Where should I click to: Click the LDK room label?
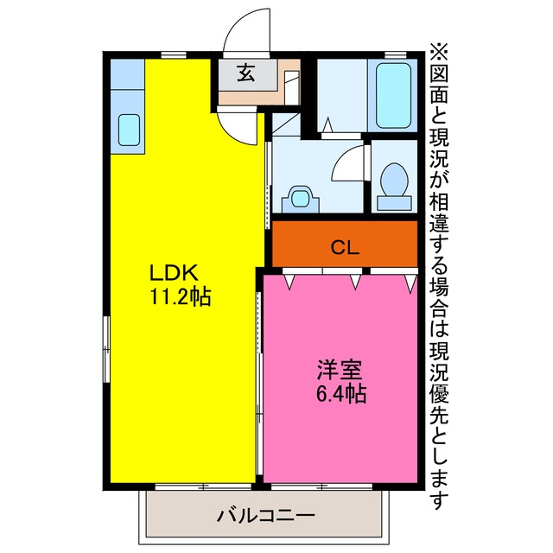[173, 273]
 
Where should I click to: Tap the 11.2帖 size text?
[181, 296]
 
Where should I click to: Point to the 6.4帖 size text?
[341, 394]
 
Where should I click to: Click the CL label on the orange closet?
[345, 248]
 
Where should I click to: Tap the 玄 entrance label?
[245, 73]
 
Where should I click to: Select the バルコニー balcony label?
[265, 516]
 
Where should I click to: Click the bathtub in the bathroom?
[393, 95]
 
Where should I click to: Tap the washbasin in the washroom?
[301, 199]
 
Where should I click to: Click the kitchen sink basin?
[129, 130]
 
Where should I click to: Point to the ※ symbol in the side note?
[438, 52]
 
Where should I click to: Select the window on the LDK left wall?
[106, 349]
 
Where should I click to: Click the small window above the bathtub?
[396, 55]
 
